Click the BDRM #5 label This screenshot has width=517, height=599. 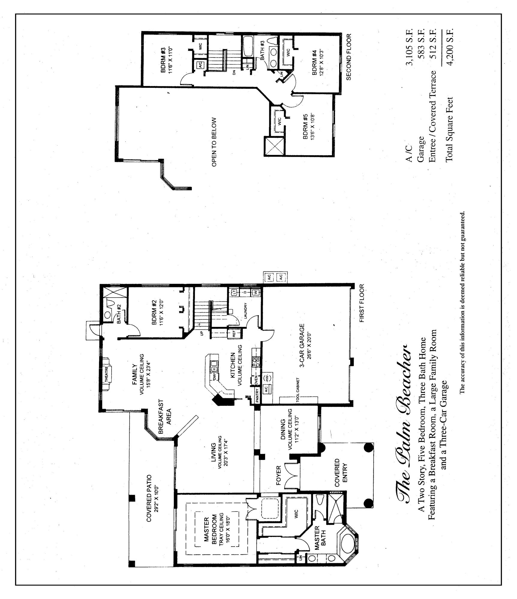(306, 126)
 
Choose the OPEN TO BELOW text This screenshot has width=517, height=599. (214, 142)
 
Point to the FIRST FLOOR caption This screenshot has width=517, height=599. (362, 303)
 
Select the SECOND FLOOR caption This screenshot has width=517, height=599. (348, 57)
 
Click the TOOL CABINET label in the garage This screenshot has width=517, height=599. (298, 390)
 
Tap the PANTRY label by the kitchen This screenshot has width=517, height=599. (257, 395)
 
